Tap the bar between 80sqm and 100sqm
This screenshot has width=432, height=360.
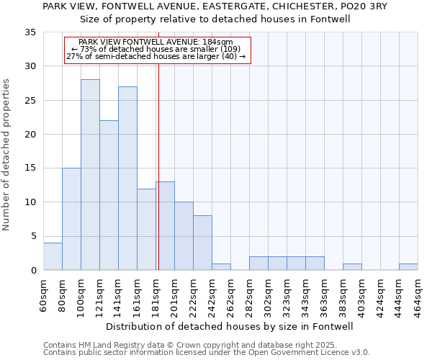pos(71,219)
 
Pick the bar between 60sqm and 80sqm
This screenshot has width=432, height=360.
pos(53,256)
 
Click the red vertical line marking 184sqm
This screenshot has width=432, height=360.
pos(158,166)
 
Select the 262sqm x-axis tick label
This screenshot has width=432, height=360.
pos(230,294)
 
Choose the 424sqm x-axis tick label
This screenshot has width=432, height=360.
pos(380,294)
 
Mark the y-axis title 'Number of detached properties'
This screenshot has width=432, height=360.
pos(7,156)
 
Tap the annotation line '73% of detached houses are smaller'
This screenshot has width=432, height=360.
pos(156,49)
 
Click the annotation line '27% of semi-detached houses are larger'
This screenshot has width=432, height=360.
pos(156,56)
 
